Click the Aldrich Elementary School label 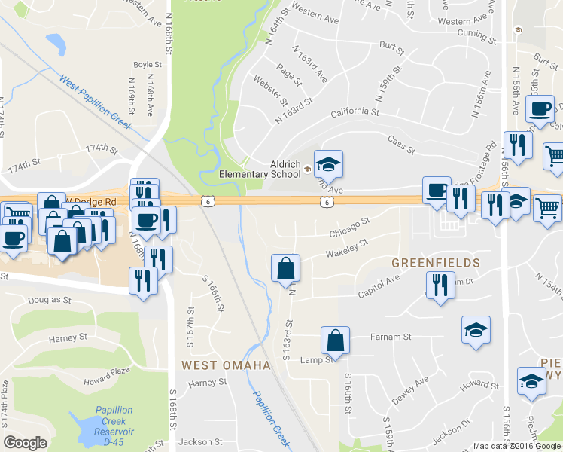tap(259, 169)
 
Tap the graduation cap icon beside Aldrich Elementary tap(328, 164)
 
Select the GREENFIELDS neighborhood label tap(436, 263)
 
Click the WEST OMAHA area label tap(226, 365)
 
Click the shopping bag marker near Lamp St tap(335, 341)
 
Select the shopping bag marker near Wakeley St tap(286, 268)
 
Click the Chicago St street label tap(350, 225)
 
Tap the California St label tap(354, 113)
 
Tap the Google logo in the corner tap(25, 442)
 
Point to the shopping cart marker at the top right tap(553, 156)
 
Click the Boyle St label tap(148, 65)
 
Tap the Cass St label tap(400, 145)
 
